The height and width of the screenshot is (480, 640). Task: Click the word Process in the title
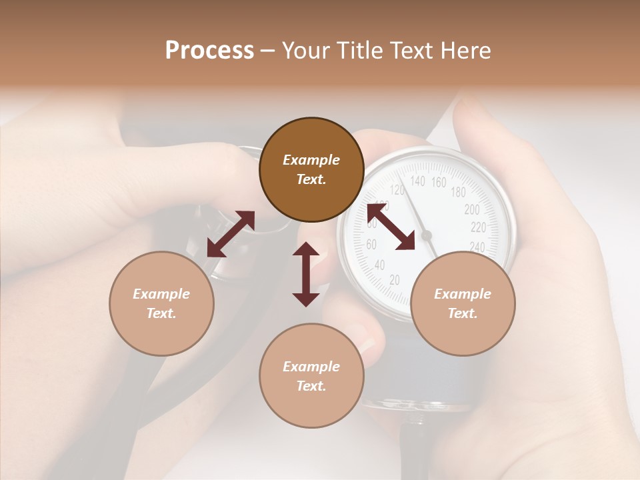pos(209,50)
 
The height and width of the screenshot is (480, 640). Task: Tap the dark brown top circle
pos(311,169)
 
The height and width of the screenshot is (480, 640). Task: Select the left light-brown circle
pos(161,303)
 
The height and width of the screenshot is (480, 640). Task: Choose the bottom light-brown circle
pos(311,376)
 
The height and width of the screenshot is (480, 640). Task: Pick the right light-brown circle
pos(463,303)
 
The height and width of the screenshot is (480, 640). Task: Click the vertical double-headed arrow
pos(306,274)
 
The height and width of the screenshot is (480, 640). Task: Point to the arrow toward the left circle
pos(231,234)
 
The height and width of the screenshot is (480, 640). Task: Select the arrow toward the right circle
pos(391,227)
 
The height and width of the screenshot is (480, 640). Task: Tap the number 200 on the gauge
pos(471,209)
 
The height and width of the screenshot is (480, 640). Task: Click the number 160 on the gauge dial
pos(439,182)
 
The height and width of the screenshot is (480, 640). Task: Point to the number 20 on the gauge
pos(394,280)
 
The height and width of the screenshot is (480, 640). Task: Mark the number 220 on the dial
pos(478,227)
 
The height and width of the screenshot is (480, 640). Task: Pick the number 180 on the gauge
pos(458,193)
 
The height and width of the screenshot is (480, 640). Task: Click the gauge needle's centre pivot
pos(427,235)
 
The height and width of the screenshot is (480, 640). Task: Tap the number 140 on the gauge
pos(417,181)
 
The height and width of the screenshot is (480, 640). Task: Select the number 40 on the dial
pos(379,265)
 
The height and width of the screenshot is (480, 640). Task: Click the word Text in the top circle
pos(311,179)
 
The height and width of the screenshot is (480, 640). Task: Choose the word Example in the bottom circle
pos(311,366)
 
